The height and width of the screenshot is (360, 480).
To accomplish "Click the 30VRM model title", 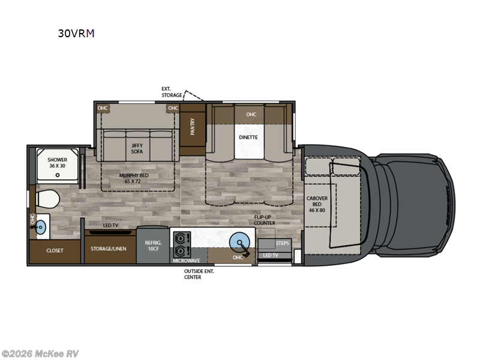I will tap(76, 34).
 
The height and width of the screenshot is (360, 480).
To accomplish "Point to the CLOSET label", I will tap(55, 250).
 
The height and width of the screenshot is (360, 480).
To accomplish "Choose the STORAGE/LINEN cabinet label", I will tap(109, 248).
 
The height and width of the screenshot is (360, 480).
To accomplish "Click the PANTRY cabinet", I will tap(193, 127).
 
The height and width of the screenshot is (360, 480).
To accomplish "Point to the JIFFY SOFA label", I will tap(137, 148).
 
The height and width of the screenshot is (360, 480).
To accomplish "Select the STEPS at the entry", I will tap(281, 243).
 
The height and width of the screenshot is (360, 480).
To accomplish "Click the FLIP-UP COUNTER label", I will tap(264, 220).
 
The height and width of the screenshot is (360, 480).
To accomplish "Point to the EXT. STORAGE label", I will tap(172, 92).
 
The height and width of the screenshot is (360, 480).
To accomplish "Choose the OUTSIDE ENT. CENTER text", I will tap(199, 274).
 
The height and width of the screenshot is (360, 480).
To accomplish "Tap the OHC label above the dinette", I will tap(251, 114).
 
